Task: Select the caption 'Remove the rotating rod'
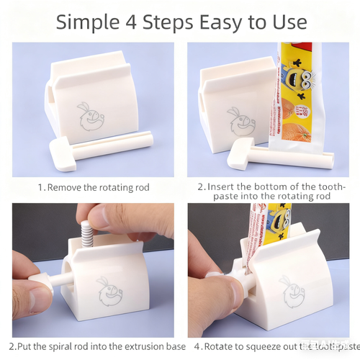coord(94,187)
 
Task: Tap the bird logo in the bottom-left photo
coord(110,292)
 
